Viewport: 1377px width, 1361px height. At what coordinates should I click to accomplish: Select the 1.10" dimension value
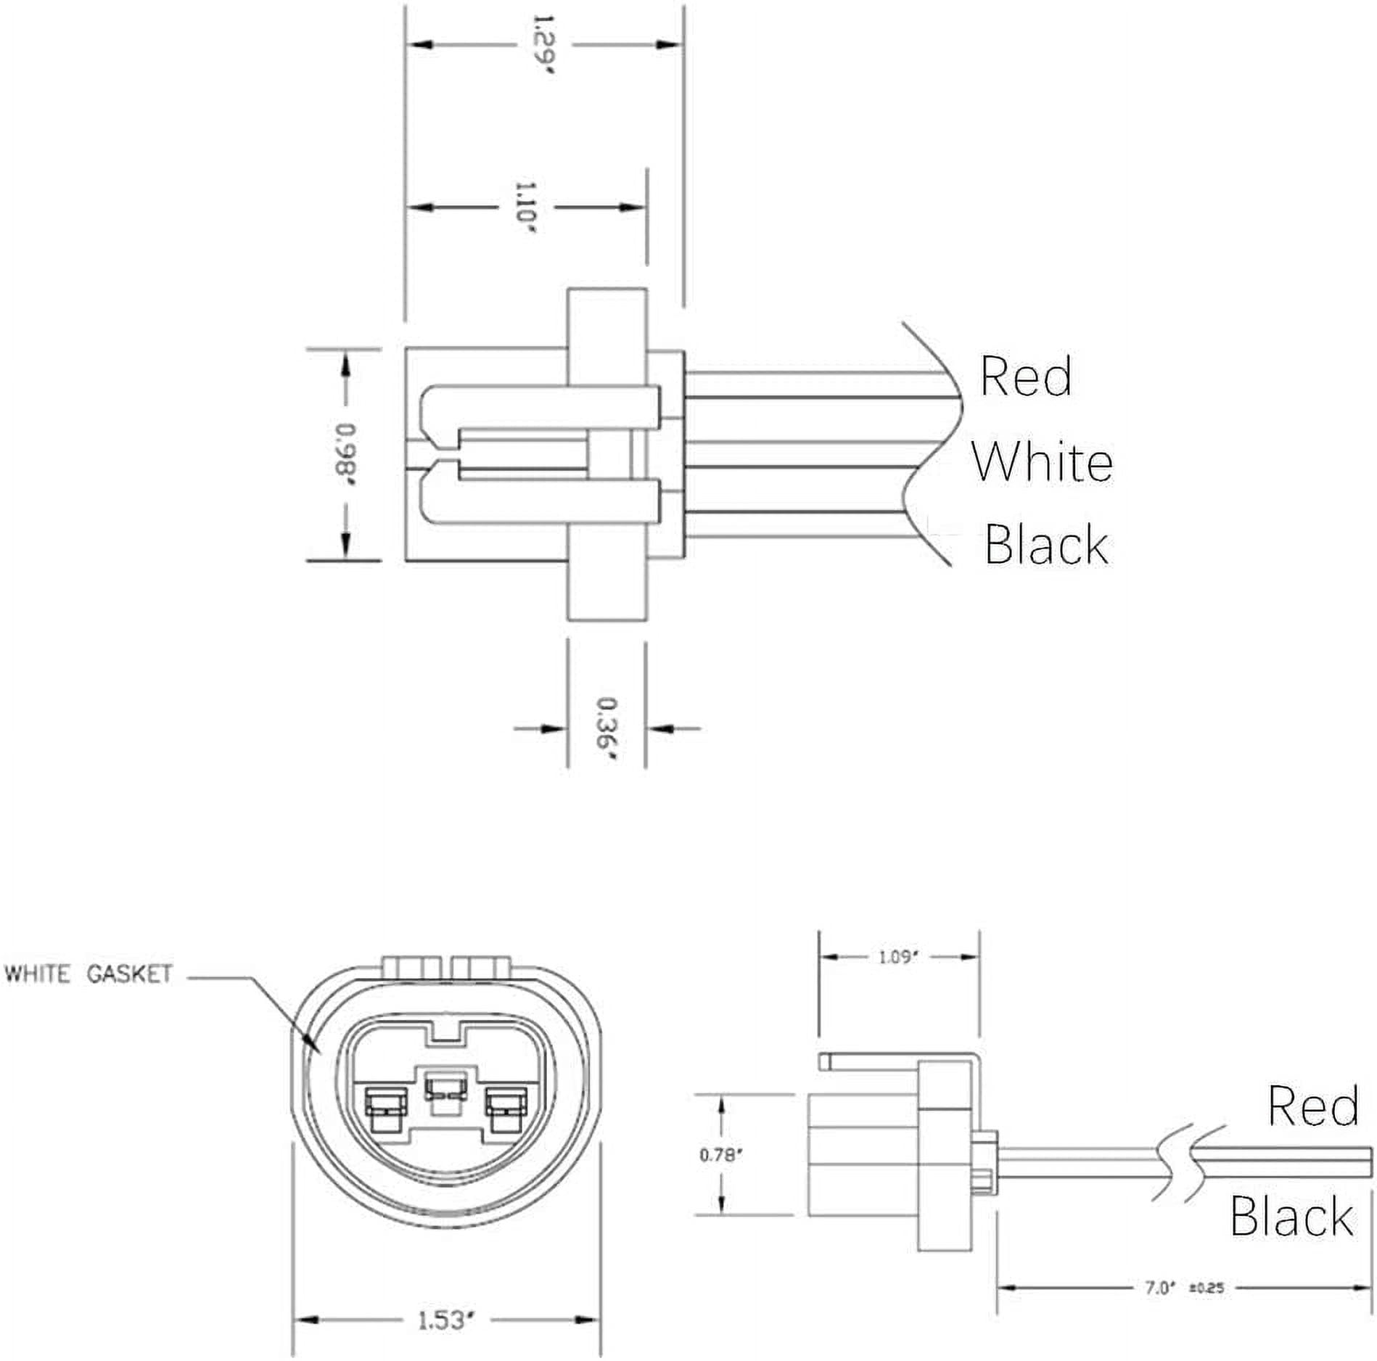pos(525,207)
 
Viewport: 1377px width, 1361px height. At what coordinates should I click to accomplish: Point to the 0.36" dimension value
pos(606,728)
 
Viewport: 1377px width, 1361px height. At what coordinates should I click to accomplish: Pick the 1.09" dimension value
pos(899,957)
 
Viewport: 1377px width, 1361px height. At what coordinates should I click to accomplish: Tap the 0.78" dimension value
pos(721,1154)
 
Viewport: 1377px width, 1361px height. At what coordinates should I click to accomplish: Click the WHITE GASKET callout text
pos(89,974)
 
